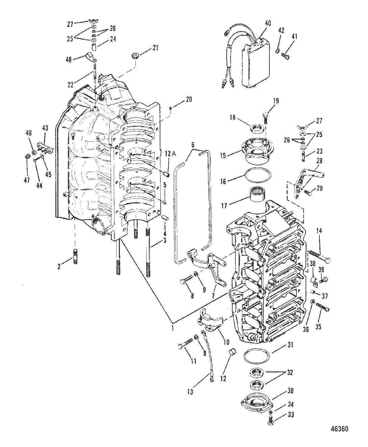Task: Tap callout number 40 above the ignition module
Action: point(267,23)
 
